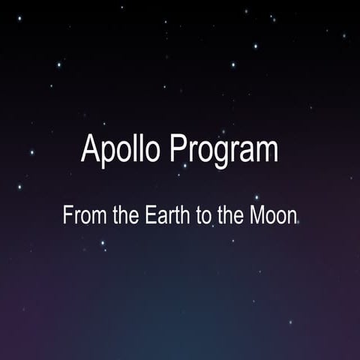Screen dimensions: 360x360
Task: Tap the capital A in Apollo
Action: pyautogui.click(x=90, y=149)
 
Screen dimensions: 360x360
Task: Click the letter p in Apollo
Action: pyautogui.click(x=108, y=153)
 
